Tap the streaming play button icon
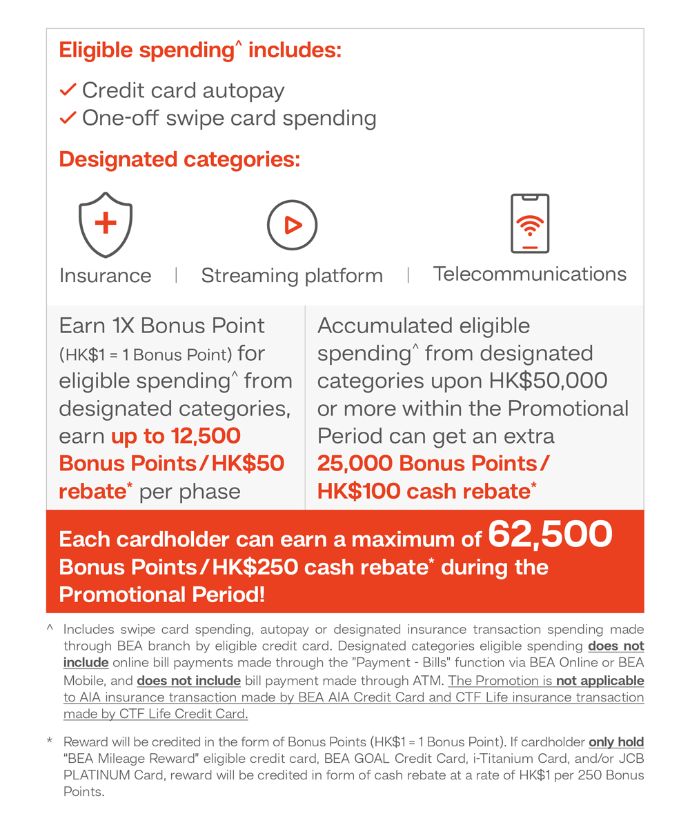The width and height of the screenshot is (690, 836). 292,225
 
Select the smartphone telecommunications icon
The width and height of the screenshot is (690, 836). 529,223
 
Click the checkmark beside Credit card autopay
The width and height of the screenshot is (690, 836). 68,90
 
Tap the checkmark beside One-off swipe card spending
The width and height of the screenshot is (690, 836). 68,118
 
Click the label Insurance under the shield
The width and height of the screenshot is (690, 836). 105,276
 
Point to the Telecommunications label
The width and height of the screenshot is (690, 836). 530,274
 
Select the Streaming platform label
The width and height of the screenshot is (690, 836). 292,276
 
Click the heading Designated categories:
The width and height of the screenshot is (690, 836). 179,159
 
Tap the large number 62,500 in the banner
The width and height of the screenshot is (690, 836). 550,535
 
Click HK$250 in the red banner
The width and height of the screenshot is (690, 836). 256,567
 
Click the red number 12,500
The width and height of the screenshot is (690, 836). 200,436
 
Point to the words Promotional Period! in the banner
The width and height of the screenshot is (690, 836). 161,595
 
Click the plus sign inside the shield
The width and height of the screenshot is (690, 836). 106,223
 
